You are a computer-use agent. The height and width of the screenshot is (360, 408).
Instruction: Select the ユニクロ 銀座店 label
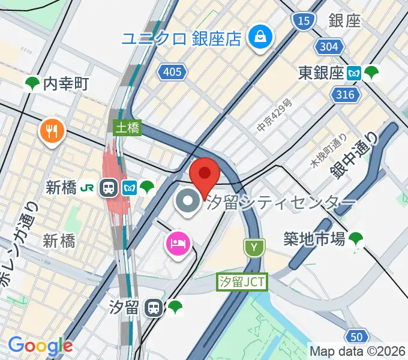pyautogui.click(x=181, y=39)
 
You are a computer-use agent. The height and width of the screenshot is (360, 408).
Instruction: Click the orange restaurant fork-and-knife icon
pyautogui.click(x=53, y=131)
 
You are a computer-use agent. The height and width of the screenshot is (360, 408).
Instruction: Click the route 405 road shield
pyautogui.click(x=172, y=73)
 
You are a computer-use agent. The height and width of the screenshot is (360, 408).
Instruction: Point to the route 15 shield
pyautogui.click(x=305, y=22)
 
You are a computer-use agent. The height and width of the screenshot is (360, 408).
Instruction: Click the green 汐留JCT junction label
pyautogui.click(x=242, y=281)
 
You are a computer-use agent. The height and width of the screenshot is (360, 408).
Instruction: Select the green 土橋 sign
pyautogui.click(x=127, y=128)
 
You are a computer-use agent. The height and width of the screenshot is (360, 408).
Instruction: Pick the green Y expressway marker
pyautogui.click(x=254, y=247)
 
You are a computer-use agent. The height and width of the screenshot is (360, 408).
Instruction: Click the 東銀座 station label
pyautogui.click(x=320, y=73)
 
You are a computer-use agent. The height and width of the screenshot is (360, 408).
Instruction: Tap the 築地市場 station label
pyautogui.click(x=314, y=239)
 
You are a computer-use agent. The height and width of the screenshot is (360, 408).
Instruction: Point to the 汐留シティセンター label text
pyautogui.click(x=281, y=203)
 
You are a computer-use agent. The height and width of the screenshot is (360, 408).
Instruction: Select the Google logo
pyautogui.click(x=40, y=346)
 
